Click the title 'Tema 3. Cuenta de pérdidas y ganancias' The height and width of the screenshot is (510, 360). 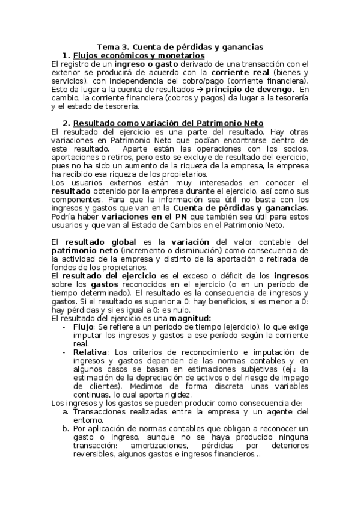[180, 47]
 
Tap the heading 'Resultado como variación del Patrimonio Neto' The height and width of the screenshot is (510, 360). [168, 123]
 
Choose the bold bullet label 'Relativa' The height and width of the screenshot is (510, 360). [90, 352]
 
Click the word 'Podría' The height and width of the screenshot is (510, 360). [64, 216]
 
